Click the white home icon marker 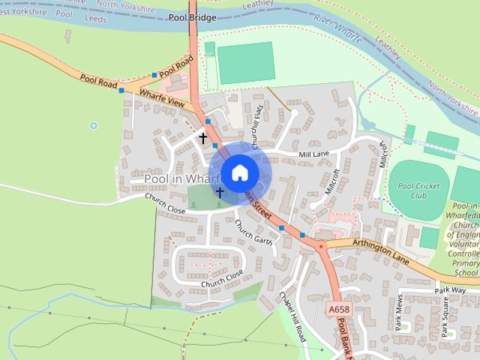239,172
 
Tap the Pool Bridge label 192,17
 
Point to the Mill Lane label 313,154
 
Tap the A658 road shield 337,308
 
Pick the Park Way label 450,289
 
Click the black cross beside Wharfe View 202,138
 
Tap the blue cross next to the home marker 220,192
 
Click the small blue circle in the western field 94,125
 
